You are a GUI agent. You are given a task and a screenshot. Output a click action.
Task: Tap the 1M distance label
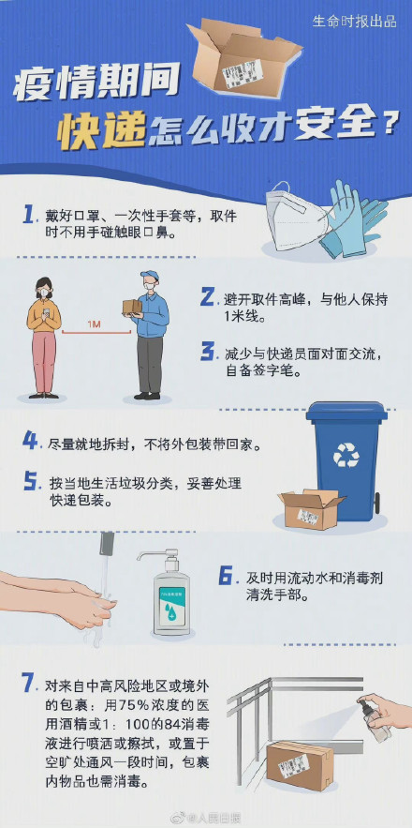click(94, 324)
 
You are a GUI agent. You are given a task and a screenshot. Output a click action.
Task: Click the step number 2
click(208, 298)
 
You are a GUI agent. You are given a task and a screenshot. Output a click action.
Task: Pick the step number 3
click(208, 352)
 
